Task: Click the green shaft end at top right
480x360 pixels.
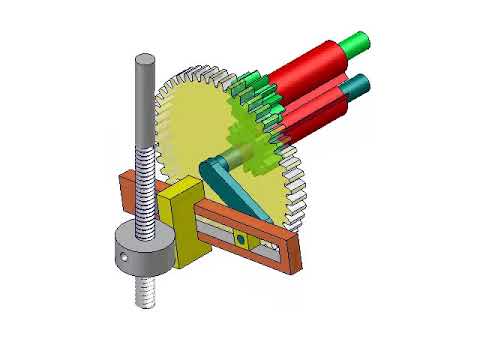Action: click(x=356, y=43)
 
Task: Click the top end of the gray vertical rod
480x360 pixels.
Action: click(x=144, y=62)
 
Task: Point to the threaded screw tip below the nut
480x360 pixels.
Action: click(x=146, y=292)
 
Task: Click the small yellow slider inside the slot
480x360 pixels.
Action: click(x=240, y=240)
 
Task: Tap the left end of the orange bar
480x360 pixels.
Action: click(x=126, y=190)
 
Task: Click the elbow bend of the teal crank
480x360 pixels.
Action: click(x=211, y=170)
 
